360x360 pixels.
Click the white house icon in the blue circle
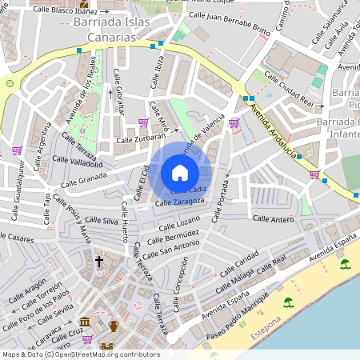click(180, 172)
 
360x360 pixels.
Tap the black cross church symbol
click(100, 261)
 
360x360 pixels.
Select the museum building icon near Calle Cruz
click(85, 321)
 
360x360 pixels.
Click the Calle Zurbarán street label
click(141, 140)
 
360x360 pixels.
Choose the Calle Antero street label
click(274, 218)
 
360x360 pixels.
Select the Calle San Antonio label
click(169, 251)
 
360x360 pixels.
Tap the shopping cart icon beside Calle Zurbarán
click(143, 122)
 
